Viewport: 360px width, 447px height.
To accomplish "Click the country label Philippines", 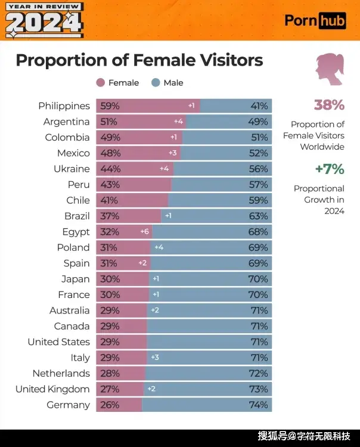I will (64, 106).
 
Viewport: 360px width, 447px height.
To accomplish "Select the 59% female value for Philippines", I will (110, 106).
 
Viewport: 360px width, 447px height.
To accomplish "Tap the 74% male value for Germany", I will (259, 405).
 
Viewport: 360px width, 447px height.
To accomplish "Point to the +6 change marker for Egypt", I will (144, 232).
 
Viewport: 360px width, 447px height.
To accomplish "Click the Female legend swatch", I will (100, 83).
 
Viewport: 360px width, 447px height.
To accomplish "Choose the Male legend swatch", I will (156, 83).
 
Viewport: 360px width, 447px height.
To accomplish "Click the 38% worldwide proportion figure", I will (329, 105).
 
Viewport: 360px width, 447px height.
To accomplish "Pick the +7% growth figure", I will (329, 169).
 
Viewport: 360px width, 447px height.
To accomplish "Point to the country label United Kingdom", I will (52, 389).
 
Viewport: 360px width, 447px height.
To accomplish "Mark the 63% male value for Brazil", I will (259, 216).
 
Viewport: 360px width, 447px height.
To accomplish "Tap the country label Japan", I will (75, 279).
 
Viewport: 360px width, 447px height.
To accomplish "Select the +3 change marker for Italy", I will (155, 358).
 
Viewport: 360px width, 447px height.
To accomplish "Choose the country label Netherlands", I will (61, 374).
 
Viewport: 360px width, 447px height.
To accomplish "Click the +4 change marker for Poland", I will (159, 247).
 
